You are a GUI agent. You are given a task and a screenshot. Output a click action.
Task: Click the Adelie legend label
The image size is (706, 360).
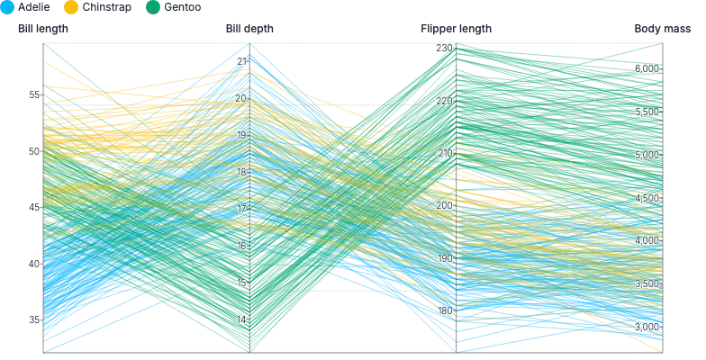point(34,7)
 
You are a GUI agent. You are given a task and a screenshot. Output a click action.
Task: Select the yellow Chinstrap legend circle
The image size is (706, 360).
point(71,7)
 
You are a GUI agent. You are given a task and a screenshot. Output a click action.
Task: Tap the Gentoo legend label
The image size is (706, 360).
point(182,7)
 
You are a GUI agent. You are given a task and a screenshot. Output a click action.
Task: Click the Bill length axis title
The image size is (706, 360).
point(43,29)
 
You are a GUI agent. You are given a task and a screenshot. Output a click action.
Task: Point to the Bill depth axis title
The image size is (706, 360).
point(249,29)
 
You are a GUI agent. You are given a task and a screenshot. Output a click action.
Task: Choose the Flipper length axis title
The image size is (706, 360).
point(456,29)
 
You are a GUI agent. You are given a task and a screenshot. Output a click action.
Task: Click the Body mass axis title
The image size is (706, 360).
point(663,29)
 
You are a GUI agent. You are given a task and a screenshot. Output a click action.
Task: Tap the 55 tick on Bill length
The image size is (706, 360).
point(34,95)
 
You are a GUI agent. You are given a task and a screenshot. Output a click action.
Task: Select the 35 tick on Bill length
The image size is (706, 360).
point(34,320)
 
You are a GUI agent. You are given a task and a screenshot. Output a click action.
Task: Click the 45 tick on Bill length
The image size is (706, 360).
point(34,207)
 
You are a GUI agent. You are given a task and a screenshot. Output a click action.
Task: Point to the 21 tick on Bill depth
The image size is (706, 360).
point(241,61)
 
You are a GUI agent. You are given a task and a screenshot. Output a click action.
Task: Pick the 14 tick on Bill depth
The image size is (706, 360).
point(241,320)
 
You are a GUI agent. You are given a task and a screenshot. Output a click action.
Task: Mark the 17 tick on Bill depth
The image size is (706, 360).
point(241,209)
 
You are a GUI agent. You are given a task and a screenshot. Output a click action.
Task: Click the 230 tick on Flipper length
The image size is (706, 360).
point(445,48)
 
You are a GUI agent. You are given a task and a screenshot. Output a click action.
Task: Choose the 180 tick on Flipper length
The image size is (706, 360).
point(445,310)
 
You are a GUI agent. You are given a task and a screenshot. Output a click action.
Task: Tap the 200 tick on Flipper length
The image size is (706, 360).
point(445,205)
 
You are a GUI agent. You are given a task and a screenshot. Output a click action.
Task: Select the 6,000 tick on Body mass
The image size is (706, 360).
point(647,68)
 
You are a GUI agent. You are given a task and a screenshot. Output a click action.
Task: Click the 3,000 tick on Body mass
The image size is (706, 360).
point(647,327)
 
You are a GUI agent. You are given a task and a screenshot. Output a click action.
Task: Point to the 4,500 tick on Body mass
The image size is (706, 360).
point(647,198)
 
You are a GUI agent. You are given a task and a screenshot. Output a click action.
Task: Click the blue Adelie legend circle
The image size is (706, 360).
point(7,7)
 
